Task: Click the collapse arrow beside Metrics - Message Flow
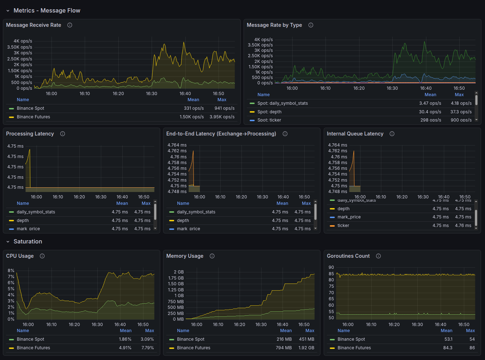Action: point(8,11)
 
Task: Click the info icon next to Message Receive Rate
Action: point(70,25)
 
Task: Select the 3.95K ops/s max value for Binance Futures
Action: point(222,117)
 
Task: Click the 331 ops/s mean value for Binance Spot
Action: point(193,108)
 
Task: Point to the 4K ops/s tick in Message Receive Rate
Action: point(23,41)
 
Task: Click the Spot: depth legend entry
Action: point(269,112)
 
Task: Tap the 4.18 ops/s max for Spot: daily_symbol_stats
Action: point(461,103)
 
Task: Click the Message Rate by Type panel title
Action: point(274,25)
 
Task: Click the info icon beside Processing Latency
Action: point(63,134)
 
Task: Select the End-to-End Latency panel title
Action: point(221,134)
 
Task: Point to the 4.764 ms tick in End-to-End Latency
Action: point(177,145)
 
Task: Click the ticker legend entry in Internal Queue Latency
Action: point(343,226)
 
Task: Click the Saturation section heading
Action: point(28,242)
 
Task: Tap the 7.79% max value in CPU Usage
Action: point(147,348)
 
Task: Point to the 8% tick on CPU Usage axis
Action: point(11,271)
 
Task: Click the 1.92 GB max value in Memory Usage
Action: point(306,348)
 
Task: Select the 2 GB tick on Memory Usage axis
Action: point(178,272)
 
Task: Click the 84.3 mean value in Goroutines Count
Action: point(448,348)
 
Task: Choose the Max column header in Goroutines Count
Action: point(470,331)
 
